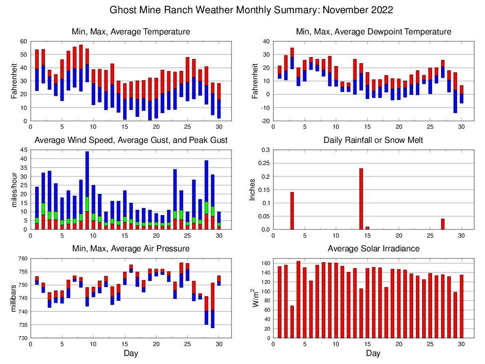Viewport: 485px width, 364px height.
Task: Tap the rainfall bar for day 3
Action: click(292, 211)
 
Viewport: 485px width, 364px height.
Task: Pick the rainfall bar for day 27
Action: click(442, 224)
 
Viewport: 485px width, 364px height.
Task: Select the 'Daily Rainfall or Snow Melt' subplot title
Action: click(373, 140)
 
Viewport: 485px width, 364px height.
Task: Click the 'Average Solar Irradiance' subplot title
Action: click(373, 248)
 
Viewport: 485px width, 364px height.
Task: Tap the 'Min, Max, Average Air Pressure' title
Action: click(131, 248)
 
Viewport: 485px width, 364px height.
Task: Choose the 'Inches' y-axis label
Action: click(252, 190)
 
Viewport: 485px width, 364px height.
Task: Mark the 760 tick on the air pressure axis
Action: click(22, 258)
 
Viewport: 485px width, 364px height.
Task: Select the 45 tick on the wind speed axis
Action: click(24, 150)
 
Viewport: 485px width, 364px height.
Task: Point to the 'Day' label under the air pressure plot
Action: click(131, 353)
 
